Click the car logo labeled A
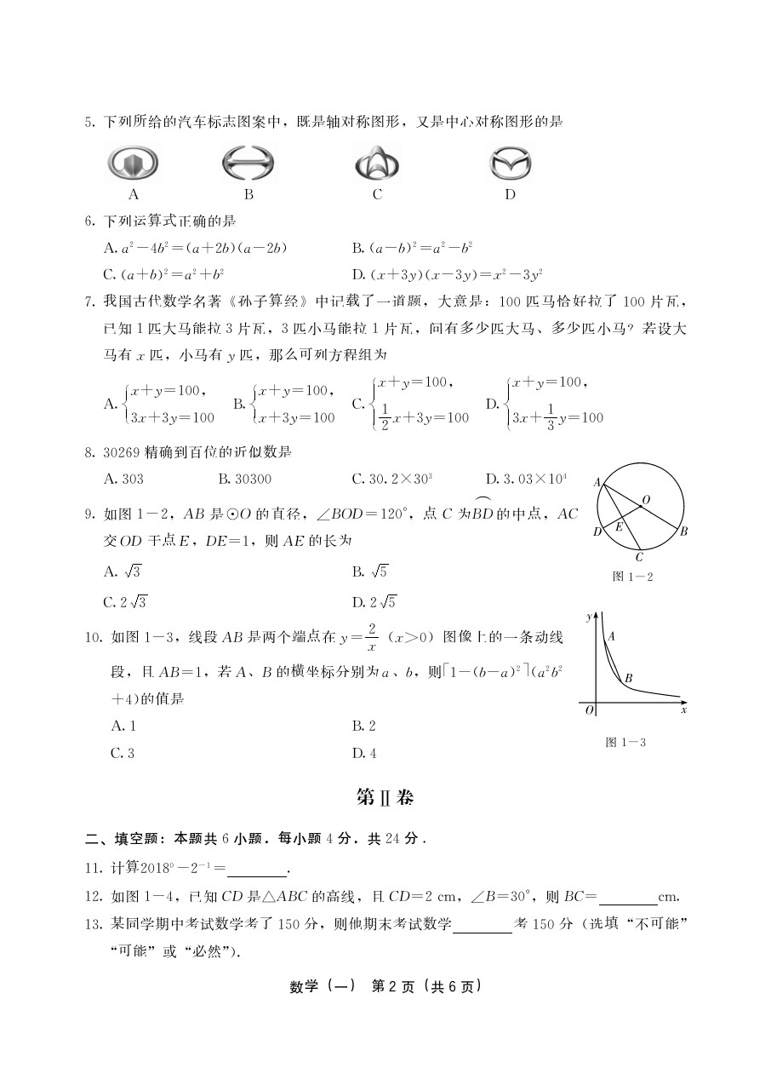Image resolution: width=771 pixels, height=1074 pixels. [x=133, y=163]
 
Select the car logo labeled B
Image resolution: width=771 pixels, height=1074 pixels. [x=248, y=163]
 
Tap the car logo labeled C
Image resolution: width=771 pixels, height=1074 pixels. [x=377, y=163]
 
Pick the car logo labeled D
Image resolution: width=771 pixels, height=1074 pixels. [x=510, y=163]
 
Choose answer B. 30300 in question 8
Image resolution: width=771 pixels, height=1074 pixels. [x=245, y=479]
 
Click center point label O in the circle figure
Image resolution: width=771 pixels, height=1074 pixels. [x=647, y=499]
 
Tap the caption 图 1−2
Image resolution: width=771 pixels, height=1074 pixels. [x=632, y=577]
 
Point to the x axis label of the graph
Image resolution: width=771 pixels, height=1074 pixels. [x=683, y=709]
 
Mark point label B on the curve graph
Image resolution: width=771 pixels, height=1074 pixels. [x=628, y=678]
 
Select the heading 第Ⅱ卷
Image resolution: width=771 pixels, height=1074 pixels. [x=385, y=797]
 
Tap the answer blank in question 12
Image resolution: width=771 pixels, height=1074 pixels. [x=628, y=897]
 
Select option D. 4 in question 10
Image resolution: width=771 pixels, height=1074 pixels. [x=363, y=753]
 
